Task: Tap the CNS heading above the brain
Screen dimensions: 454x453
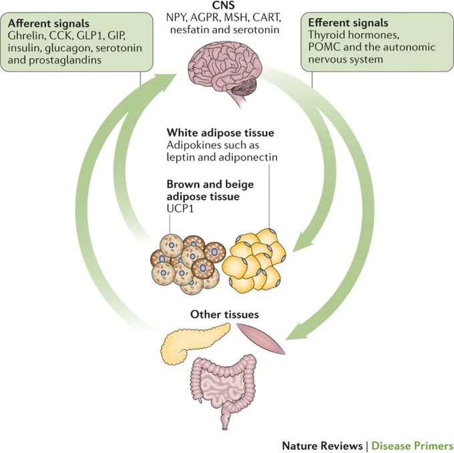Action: (x=224, y=5)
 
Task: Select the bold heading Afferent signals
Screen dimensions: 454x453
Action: (x=49, y=23)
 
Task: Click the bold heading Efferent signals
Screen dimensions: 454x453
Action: (x=348, y=23)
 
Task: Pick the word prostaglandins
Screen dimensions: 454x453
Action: (x=65, y=60)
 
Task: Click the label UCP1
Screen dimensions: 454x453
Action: (x=180, y=208)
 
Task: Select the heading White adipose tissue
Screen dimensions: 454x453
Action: (x=220, y=133)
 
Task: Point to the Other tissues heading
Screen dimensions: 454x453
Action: (x=224, y=315)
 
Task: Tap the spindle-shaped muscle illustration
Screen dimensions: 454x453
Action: (x=260, y=338)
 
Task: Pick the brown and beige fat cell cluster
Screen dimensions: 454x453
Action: (x=188, y=264)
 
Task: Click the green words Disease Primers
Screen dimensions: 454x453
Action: (x=413, y=446)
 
